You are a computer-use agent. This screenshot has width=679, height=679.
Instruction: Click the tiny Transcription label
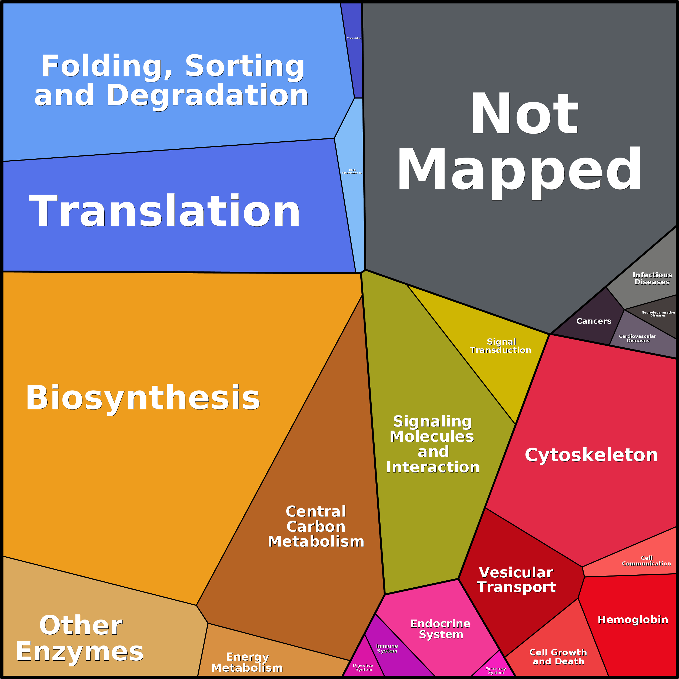point(354,38)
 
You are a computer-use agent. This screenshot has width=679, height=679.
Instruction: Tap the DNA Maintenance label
point(352,172)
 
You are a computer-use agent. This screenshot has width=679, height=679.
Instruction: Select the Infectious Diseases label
point(652,278)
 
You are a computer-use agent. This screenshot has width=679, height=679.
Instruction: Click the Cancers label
point(594,321)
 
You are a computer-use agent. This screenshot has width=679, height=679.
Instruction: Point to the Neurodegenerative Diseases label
point(658,314)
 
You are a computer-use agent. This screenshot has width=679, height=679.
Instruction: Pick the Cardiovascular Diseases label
point(638,338)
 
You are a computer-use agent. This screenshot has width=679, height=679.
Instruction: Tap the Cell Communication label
point(646,561)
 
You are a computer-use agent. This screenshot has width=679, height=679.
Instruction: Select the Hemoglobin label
point(633,620)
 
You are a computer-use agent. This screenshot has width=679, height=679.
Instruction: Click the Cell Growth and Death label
point(558,657)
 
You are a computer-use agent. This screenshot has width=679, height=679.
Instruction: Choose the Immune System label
point(387,648)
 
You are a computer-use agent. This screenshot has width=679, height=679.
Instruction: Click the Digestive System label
point(363,667)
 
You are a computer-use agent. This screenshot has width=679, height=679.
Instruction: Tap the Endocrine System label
point(440,629)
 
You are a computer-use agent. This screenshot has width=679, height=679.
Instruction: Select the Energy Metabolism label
point(247,662)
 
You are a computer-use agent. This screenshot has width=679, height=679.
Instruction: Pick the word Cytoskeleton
point(591,455)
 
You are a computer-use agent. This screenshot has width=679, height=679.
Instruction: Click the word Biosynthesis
point(143,398)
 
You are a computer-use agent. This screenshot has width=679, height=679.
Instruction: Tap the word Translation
point(164,211)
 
